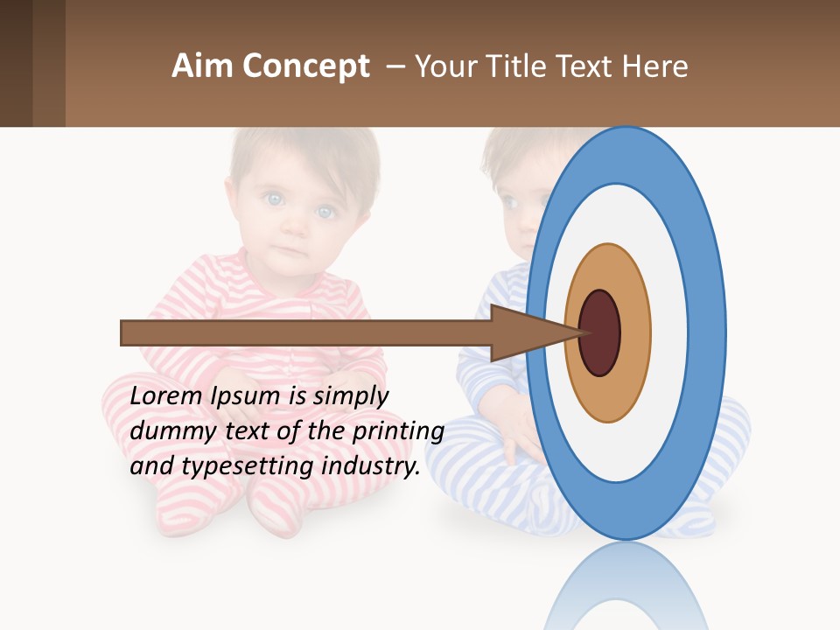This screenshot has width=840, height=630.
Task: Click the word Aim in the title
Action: (203, 66)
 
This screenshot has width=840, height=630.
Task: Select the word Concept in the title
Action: (305, 66)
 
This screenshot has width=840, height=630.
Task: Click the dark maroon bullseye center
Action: (599, 332)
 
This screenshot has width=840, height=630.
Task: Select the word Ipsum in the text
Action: (246, 395)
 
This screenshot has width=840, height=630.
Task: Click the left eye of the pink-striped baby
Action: (275, 199)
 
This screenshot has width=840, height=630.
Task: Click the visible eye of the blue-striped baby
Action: (511, 203)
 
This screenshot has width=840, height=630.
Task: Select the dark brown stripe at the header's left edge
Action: (16, 63)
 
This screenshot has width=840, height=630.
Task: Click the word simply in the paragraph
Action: (350, 395)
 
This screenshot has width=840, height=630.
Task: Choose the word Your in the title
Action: (443, 66)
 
